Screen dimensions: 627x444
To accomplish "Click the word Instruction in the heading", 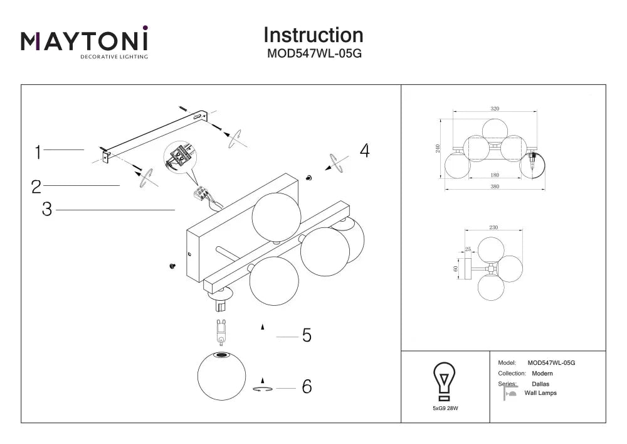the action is click(313, 35).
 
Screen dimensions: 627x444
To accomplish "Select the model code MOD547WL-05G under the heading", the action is click(314, 53).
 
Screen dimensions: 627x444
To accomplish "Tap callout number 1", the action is click(38, 153).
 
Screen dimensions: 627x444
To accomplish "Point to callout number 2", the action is click(36, 187).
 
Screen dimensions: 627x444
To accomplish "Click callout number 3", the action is click(47, 209).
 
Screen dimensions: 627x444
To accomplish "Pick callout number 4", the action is click(365, 151).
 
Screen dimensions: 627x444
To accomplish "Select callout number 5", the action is click(307, 335).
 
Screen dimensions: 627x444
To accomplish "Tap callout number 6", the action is click(307, 386).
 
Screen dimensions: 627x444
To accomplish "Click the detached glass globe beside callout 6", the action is click(221, 376).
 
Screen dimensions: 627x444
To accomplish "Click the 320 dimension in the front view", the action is click(495, 109).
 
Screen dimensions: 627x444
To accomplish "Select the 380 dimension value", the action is click(495, 186).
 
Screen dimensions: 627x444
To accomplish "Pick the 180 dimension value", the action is click(495, 175).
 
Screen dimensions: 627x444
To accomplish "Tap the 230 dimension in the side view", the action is click(493, 227).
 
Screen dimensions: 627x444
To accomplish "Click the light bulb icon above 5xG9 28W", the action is click(445, 381).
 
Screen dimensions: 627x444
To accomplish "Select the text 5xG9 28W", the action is click(445, 408).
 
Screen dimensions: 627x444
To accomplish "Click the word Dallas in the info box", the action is click(540, 384).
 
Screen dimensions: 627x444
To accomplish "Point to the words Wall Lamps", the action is click(540, 393).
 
